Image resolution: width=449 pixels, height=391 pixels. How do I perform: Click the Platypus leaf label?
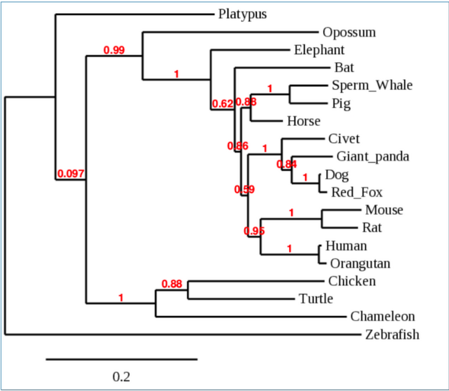pyautogui.click(x=243, y=14)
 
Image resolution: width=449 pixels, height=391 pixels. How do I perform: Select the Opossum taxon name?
pyautogui.click(x=348, y=32)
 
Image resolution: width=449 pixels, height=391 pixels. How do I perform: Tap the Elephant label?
pyautogui.click(x=318, y=50)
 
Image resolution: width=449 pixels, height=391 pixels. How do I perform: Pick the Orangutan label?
pyautogui.click(x=360, y=264)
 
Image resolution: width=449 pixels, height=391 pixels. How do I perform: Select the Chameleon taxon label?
pyautogui.click(x=382, y=317)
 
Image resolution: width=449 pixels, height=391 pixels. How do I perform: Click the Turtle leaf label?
pyautogui.click(x=316, y=299)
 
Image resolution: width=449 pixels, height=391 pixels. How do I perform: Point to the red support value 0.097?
pyautogui.click(x=70, y=174)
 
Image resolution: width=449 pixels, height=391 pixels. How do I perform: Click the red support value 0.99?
pyautogui.click(x=114, y=50)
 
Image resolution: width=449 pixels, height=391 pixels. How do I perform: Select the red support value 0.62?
pyautogui.click(x=223, y=104)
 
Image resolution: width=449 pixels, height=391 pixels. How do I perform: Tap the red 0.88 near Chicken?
pyautogui.click(x=172, y=283)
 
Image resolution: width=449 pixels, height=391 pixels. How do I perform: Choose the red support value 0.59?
pyautogui.click(x=244, y=190)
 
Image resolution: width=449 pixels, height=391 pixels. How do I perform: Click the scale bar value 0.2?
pyautogui.click(x=121, y=377)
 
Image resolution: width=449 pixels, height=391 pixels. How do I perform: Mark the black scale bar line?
pyautogui.click(x=121, y=358)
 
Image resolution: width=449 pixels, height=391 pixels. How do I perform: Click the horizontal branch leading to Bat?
pyautogui.click(x=281, y=67)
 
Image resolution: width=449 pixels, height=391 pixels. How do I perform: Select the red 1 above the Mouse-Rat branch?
pyautogui.click(x=292, y=212)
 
